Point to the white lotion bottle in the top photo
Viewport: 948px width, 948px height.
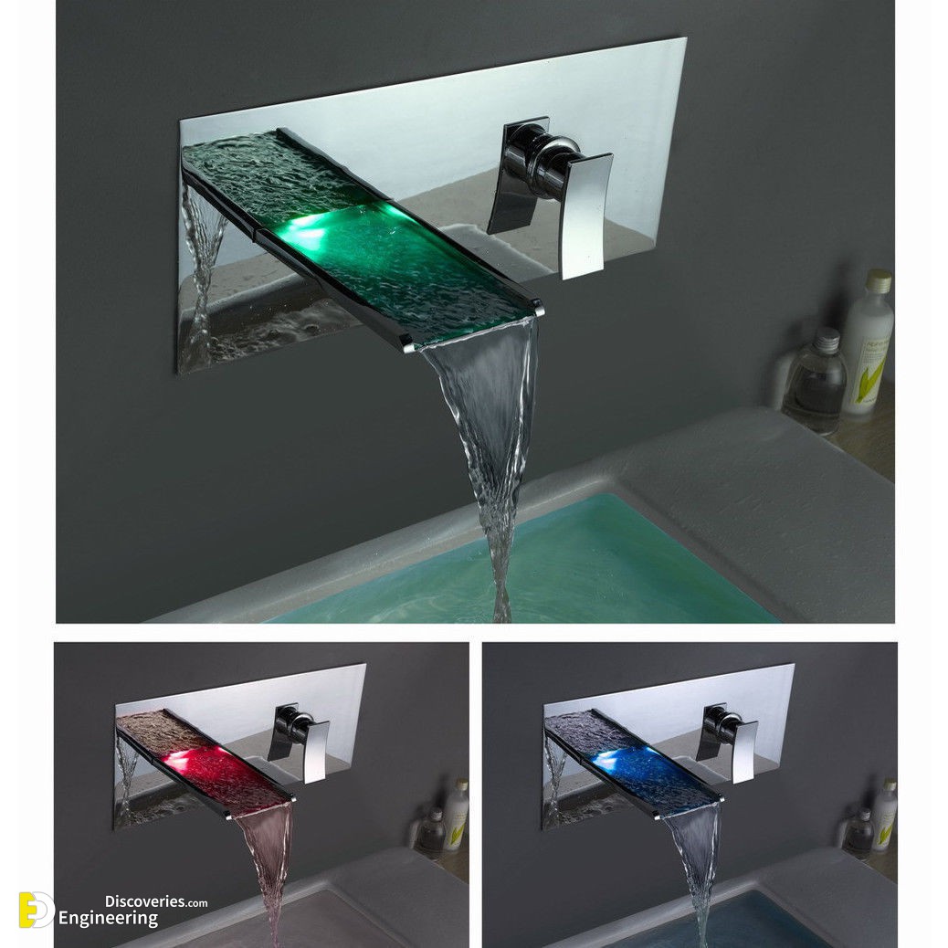coord(869,342)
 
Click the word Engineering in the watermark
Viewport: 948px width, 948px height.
coord(108,919)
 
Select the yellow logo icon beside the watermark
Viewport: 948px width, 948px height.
coord(36,910)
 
